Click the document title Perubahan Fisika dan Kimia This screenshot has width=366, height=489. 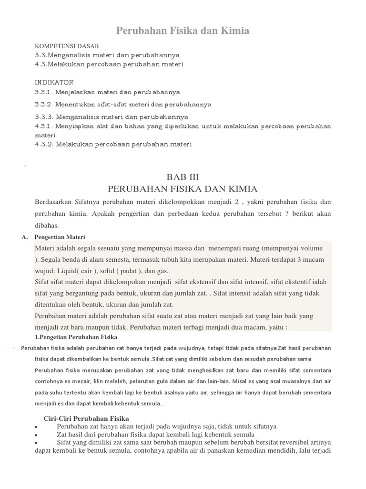[x=183, y=31]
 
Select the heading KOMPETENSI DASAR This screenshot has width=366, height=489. [x=67, y=46]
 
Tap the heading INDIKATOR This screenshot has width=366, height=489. [x=54, y=82]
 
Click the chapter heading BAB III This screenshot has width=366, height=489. [x=183, y=177]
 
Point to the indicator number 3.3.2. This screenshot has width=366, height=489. [x=44, y=104]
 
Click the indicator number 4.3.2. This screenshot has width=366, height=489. [x=44, y=144]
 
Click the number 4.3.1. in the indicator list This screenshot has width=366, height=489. [x=44, y=126]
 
